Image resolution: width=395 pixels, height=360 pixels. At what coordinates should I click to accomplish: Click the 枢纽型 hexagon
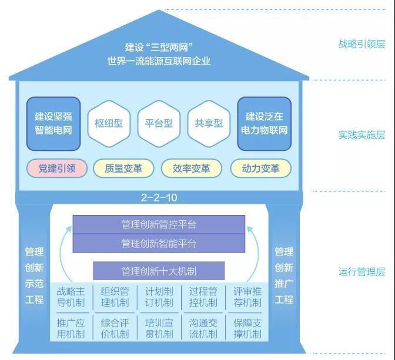pyautogui.click(x=109, y=123)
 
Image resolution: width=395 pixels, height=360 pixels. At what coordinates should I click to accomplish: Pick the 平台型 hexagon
pyautogui.click(x=159, y=123)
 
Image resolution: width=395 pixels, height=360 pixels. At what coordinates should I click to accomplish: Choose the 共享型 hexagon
pyautogui.click(x=209, y=123)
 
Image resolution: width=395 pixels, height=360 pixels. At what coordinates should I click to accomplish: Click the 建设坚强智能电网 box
pyautogui.click(x=53, y=123)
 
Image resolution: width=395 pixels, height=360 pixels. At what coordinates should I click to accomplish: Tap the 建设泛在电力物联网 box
pyautogui.click(x=264, y=123)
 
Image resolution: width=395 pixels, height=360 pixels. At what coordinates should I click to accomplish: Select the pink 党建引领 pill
pyautogui.click(x=57, y=169)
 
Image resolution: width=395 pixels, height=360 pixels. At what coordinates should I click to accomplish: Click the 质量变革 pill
pyautogui.click(x=123, y=169)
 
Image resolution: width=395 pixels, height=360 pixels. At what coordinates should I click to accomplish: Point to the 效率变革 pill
pyautogui.click(x=192, y=169)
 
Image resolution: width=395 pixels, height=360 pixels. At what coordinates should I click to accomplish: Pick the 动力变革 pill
pyautogui.click(x=260, y=169)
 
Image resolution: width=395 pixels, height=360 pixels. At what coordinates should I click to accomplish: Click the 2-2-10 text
pyautogui.click(x=159, y=197)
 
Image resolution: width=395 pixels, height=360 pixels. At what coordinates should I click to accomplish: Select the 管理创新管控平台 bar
pyautogui.click(x=159, y=224)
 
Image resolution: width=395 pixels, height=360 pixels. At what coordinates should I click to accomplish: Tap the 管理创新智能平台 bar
pyautogui.click(x=159, y=243)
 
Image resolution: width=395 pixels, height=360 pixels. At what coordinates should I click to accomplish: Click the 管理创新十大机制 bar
pyautogui.click(x=159, y=271)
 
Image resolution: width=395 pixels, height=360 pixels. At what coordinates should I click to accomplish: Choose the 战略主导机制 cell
pyautogui.click(x=71, y=297)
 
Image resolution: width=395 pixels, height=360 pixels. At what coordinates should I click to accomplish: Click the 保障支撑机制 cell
pyautogui.click(x=247, y=328)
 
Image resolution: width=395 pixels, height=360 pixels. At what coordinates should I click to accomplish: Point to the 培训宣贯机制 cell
pyautogui.click(x=159, y=328)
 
